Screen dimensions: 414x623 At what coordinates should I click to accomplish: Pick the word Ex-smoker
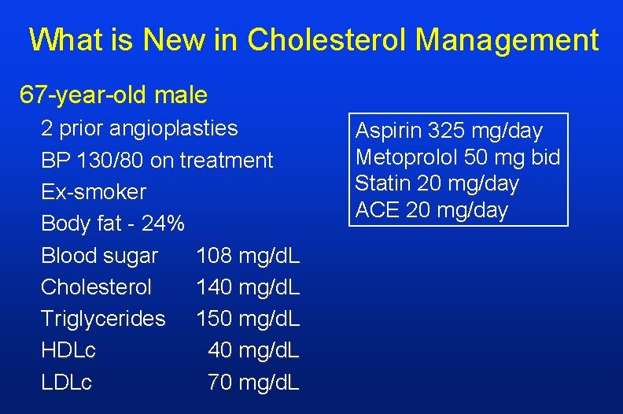(93, 192)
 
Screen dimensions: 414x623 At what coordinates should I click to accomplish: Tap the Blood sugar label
(99, 256)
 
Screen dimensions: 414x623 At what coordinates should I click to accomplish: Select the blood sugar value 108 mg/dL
(248, 256)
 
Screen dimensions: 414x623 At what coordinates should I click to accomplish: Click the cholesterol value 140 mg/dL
(248, 287)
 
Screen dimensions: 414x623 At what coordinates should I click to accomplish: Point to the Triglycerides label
(103, 319)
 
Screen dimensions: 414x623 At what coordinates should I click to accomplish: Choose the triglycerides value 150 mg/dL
(248, 319)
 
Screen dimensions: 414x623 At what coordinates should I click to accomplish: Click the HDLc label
(68, 351)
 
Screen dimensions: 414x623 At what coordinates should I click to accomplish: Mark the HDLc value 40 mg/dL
(253, 351)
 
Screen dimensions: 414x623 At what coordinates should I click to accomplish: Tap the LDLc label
(66, 383)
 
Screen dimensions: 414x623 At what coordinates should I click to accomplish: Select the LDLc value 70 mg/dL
(253, 383)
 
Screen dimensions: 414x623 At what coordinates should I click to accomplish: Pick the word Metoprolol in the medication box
(405, 157)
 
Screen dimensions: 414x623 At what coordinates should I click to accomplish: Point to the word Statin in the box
(379, 183)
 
